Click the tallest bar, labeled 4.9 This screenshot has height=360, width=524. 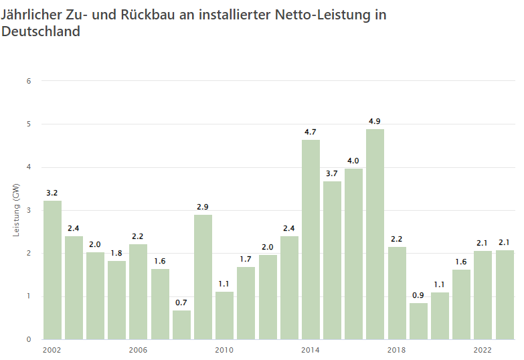coord(375,234)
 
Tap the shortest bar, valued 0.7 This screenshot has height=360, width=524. coord(181,325)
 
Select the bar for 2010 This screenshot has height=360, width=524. coord(224,315)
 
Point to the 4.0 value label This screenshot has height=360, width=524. coord(353,161)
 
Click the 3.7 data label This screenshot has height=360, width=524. coord(332,173)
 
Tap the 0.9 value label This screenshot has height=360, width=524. coord(418,295)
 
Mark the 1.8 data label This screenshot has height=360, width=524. coord(116,253)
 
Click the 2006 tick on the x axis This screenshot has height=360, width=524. coord(138,350)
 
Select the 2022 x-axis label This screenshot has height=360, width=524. coord(483,350)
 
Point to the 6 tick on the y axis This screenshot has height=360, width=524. coord(29,81)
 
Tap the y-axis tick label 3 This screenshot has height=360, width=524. coord(29,210)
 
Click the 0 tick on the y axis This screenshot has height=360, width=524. coord(29,339)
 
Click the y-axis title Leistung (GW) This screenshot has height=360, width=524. coord(16,210)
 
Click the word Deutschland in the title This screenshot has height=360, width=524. coord(41,31)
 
